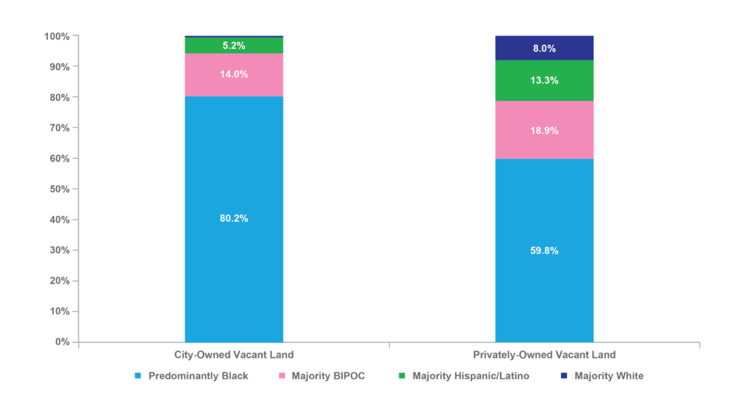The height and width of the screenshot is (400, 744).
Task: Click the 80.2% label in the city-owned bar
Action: point(233,218)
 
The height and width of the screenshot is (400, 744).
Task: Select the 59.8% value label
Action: point(544,251)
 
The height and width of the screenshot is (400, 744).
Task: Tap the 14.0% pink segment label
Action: point(233,74)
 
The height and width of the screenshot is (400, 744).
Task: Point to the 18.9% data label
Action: point(544,131)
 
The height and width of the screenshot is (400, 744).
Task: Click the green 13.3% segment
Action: point(544,81)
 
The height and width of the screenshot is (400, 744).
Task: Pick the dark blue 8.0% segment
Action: point(544,48)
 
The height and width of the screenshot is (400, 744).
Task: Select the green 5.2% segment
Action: point(234,46)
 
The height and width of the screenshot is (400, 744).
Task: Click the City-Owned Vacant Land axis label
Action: point(234,355)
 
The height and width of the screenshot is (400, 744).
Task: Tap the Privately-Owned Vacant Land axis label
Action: point(544,355)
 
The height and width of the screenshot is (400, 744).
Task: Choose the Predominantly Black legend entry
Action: point(192,376)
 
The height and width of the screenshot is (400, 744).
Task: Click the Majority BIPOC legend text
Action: point(328,376)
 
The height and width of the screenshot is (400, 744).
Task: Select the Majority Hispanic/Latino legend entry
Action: point(464,376)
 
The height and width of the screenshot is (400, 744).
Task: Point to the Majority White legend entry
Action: point(602,376)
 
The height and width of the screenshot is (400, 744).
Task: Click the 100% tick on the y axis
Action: point(57,36)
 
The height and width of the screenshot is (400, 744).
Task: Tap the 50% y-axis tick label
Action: point(60,189)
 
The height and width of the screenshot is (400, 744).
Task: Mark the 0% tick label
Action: point(62,342)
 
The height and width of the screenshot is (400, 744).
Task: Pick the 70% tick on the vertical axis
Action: point(60,128)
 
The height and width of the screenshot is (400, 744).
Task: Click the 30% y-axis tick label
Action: point(60,250)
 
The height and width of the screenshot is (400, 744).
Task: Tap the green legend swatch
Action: point(402,376)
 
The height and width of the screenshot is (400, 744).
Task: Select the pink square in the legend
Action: point(282,376)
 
